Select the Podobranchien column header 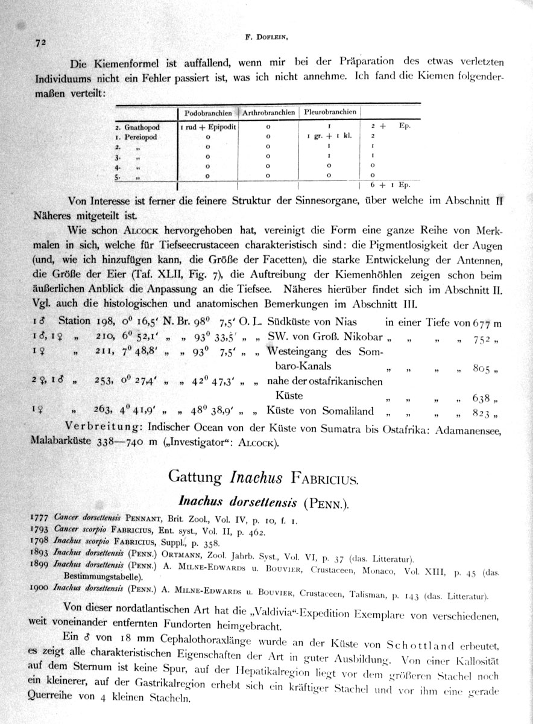pyautogui.click(x=208, y=112)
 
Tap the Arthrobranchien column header pyautogui.click(x=269, y=112)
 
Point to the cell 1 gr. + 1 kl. pyautogui.click(x=329, y=137)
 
